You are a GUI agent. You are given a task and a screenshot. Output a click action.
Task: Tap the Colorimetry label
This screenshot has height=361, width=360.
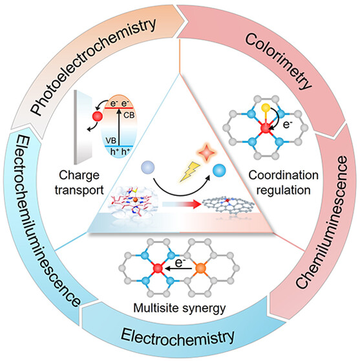point(279,61)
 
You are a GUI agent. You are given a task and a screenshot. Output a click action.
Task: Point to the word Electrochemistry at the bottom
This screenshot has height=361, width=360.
point(178,338)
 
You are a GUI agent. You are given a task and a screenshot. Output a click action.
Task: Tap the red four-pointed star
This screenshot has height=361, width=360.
point(206,153)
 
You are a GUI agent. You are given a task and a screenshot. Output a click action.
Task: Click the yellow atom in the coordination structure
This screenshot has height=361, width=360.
point(266,107)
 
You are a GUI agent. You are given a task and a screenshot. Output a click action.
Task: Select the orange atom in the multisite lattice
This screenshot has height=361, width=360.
point(200,268)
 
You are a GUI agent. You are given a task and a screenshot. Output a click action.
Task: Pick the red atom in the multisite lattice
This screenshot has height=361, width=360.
point(158,268)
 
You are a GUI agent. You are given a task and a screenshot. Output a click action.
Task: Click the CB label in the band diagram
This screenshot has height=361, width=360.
point(129,115)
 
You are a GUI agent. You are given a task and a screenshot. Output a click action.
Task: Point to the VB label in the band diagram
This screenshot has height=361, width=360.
point(111,140)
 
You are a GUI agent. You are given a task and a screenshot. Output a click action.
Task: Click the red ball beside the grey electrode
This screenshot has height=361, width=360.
point(98,116)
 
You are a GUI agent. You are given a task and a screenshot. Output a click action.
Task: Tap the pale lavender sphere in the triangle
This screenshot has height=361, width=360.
point(147,168)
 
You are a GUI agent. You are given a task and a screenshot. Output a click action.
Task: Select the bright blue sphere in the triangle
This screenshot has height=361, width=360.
point(219,171)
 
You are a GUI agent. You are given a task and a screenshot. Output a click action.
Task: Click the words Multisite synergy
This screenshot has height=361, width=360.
point(180,308)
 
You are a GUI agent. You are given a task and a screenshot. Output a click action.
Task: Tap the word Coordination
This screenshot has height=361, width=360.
point(283,175)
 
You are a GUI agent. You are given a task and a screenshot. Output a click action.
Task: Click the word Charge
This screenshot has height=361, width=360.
point(79,175)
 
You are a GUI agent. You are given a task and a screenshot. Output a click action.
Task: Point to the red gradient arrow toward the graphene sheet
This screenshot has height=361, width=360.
point(182,204)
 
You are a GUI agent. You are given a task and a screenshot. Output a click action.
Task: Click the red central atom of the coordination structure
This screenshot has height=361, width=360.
point(266,128)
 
